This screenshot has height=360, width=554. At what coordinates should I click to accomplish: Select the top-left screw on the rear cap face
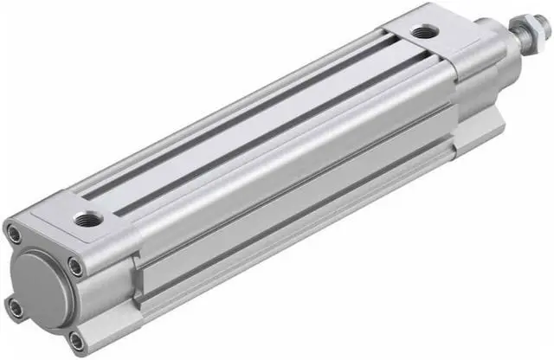[14, 231]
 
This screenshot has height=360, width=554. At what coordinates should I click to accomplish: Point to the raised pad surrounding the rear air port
[87, 214]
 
